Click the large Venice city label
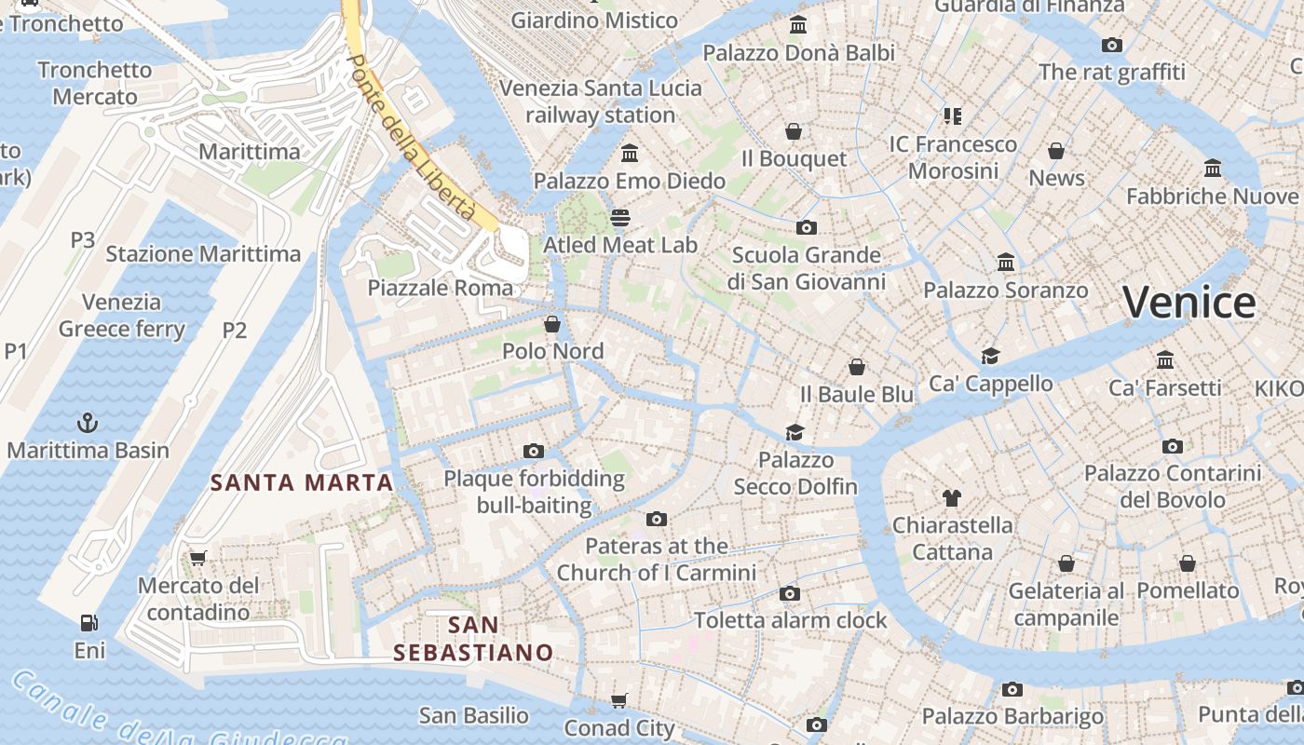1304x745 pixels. click(1189, 304)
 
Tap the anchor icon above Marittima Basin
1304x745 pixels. click(88, 423)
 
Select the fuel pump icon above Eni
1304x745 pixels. click(89, 622)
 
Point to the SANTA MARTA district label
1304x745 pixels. click(302, 482)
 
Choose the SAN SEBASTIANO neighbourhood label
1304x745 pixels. click(473, 638)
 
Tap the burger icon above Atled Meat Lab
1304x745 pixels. click(620, 218)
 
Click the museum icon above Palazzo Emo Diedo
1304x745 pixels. click(630, 153)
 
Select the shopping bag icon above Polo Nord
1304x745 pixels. click(552, 324)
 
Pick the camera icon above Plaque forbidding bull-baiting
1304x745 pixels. click(534, 452)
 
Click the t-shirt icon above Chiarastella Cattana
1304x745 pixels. click(951, 498)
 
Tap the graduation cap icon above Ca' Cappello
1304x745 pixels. click(990, 356)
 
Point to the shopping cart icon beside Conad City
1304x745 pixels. click(619, 700)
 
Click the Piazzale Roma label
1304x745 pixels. click(440, 288)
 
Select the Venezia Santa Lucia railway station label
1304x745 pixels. click(601, 102)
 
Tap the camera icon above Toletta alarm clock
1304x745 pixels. click(790, 593)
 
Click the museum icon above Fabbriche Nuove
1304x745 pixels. click(1213, 169)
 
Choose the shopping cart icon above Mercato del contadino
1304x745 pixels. click(197, 558)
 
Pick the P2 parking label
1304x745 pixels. click(235, 330)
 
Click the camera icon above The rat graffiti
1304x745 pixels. click(1111, 45)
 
